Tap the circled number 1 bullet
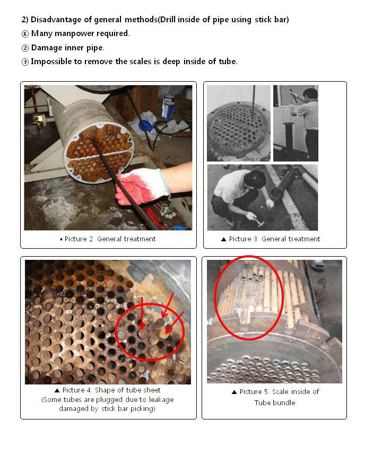pos(25,34)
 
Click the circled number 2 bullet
pos(25,48)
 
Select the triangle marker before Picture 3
pos(223,239)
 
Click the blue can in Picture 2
pos(168,108)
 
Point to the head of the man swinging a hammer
pos(310,94)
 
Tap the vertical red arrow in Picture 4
pos(142,313)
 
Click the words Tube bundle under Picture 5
pos(275,403)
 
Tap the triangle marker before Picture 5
pos(235,392)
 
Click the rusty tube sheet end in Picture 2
pos(99,152)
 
